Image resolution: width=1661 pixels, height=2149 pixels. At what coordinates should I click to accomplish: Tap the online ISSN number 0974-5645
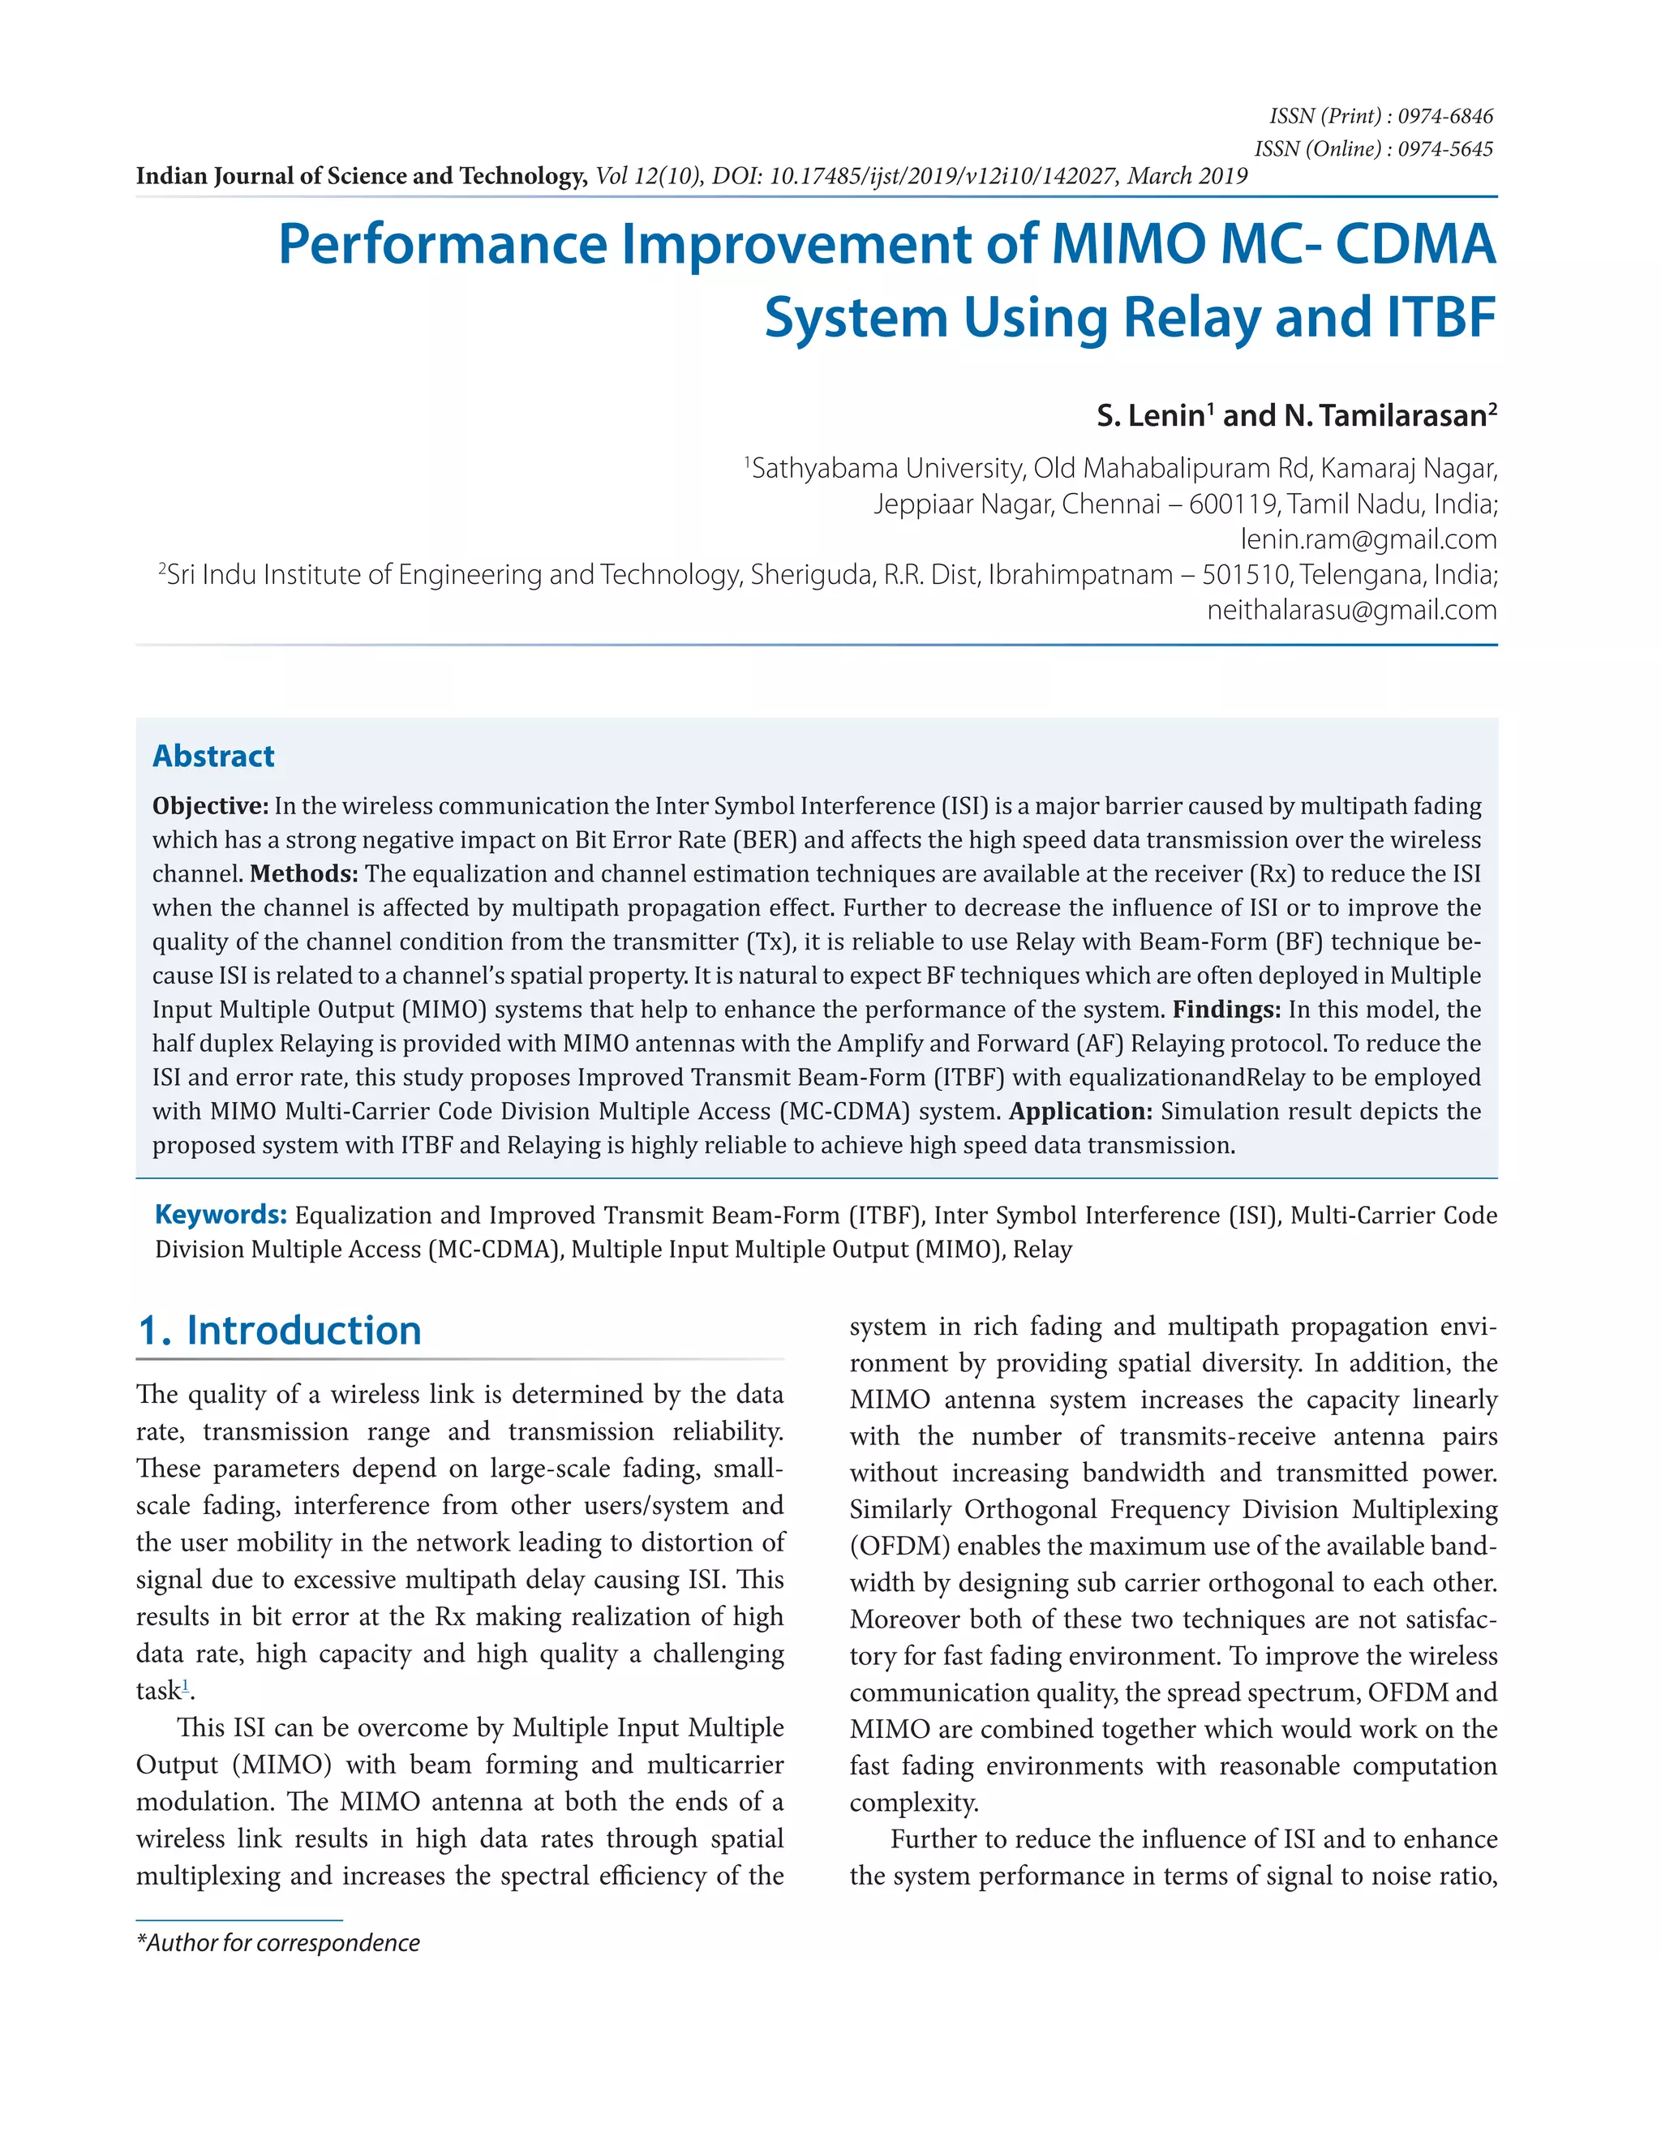click(1444, 148)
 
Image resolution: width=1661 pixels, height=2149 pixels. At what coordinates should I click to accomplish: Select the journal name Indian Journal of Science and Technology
click(361, 176)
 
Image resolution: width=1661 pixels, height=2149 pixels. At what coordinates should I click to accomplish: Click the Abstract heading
click(213, 756)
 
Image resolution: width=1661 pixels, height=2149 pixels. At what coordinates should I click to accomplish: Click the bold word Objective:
click(209, 806)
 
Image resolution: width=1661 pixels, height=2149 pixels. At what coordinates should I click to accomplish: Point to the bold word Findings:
click(1226, 1010)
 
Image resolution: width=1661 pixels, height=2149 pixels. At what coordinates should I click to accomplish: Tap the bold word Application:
click(1080, 1111)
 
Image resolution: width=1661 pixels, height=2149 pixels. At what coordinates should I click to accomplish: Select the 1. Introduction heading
click(280, 1330)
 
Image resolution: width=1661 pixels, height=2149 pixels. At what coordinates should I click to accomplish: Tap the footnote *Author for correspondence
click(277, 1942)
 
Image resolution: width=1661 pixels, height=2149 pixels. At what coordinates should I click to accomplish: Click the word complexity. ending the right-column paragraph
click(914, 1803)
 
